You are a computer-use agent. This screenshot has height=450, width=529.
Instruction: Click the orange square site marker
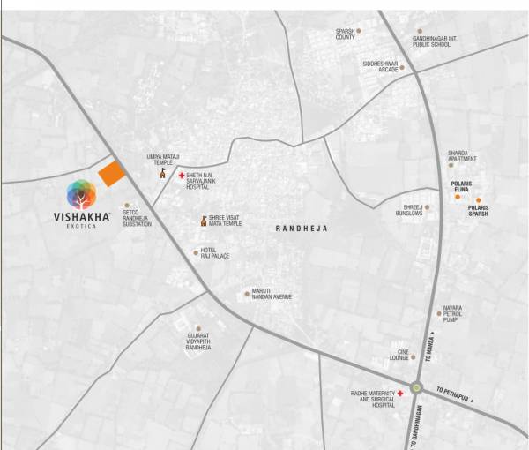click(x=110, y=174)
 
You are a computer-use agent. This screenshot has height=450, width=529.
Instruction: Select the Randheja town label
click(x=301, y=229)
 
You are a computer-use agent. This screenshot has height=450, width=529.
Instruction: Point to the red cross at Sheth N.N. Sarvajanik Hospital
click(x=182, y=176)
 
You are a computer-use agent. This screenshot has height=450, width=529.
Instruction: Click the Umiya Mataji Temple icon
click(x=162, y=175)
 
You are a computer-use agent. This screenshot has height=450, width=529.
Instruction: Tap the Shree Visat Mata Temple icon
click(x=204, y=221)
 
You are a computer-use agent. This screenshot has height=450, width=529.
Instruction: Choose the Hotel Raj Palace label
click(x=216, y=253)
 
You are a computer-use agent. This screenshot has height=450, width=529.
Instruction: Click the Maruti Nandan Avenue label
click(x=272, y=295)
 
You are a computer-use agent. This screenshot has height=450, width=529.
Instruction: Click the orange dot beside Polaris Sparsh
click(x=479, y=200)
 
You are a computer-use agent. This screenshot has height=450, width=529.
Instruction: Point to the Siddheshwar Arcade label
click(x=381, y=65)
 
